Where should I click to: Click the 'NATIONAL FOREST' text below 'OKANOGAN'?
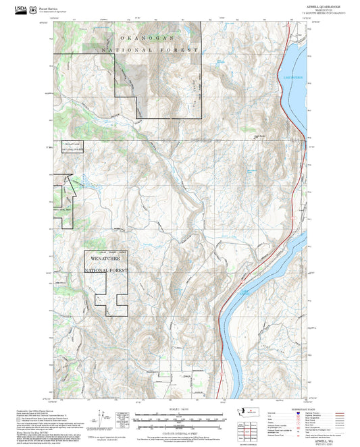click(150, 51)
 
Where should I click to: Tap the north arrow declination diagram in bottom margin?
click(103, 415)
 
